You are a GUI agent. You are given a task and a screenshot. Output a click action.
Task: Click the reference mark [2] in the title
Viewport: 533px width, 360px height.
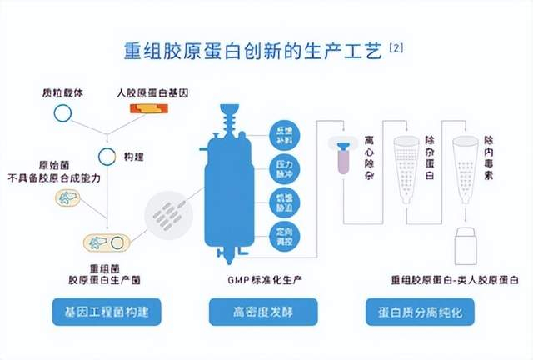pos(397,49)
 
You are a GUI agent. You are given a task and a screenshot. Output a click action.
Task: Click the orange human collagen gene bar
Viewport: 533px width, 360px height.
pos(147,109)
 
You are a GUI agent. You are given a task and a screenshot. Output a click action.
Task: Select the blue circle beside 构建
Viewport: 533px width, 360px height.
pos(106,156)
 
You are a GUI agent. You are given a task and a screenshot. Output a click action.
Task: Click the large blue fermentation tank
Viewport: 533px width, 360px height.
pos(229,191)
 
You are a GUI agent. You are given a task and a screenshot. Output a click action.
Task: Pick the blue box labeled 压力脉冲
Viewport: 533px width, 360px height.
pos(283,170)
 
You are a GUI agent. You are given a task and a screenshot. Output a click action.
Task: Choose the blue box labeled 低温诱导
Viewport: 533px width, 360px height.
pos(283,202)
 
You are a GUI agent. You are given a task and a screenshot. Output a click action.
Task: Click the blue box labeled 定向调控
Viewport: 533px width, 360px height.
pos(283,234)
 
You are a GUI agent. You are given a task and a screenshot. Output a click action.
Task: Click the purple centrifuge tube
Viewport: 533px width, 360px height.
pos(343,156)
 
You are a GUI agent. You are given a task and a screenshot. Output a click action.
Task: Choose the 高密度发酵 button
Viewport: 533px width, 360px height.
pos(263,313)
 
